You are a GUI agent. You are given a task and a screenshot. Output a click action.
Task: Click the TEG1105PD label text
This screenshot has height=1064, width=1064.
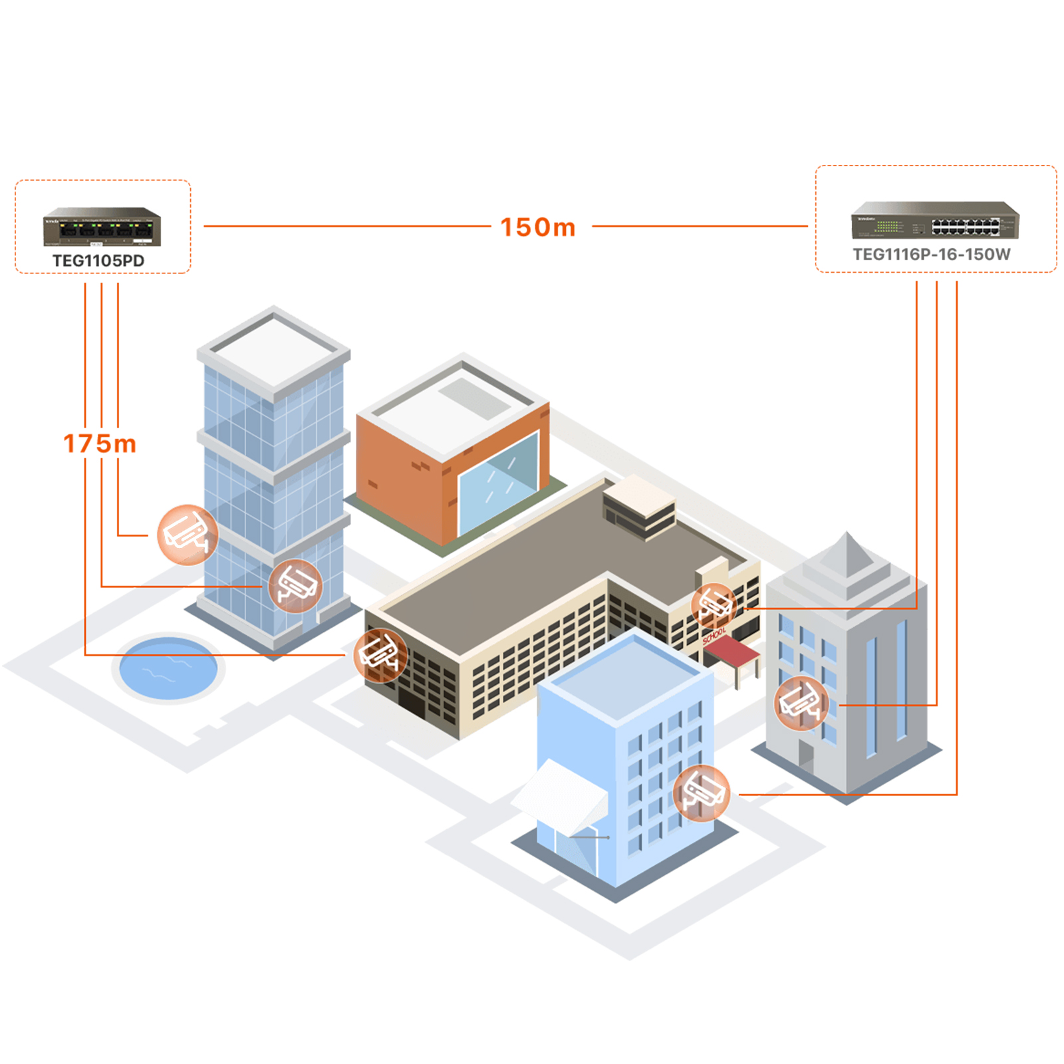pos(98,261)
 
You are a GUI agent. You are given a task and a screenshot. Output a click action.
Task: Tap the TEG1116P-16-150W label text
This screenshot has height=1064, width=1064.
pos(931,255)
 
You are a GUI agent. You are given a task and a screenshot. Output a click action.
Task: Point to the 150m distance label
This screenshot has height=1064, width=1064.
pos(537,227)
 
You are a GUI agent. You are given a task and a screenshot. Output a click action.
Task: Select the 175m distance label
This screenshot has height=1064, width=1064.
pos(100,444)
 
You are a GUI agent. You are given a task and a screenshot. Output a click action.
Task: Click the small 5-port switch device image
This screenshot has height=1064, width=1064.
pos(102,227)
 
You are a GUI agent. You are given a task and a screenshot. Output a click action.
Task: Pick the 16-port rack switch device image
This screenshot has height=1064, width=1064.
pos(934,220)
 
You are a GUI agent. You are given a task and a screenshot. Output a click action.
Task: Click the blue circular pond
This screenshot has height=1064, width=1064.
pos(168,668)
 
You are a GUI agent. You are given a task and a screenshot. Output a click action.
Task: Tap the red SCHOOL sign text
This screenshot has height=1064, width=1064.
pos(714,636)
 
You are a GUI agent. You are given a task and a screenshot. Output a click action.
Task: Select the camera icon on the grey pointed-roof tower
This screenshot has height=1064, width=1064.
pos(801,704)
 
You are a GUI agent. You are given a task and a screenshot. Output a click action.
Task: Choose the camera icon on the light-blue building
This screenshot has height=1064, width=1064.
pos(701,793)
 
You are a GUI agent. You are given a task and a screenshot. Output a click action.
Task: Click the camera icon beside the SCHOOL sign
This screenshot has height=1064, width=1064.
pos(714,605)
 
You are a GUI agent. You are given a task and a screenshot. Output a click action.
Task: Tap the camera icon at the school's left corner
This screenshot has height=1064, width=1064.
pos(380,655)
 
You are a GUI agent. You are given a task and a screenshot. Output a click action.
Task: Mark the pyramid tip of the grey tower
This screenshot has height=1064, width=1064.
pos(847,535)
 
